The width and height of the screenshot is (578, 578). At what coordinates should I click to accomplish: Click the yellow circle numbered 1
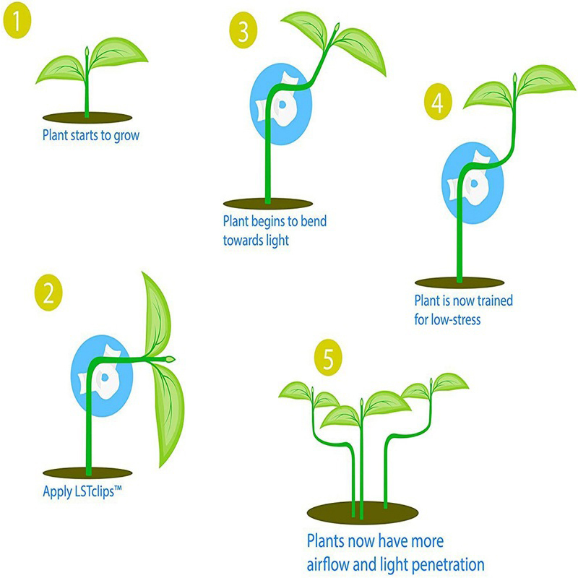coord(17,21)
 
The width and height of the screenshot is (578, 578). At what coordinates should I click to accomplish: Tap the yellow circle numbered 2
coord(48,293)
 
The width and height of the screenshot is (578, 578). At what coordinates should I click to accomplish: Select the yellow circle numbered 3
coord(243,30)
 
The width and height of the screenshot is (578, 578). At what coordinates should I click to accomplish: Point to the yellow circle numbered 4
coord(438,102)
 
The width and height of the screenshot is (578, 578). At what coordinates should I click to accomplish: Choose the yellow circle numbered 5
coord(328,357)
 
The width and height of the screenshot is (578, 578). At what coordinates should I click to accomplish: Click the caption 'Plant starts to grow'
coord(91,135)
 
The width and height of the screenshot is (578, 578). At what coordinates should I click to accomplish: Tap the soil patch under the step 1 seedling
coord(87,118)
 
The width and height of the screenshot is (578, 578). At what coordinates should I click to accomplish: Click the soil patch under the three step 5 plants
coord(363,513)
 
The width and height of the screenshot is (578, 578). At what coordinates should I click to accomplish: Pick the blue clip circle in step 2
coord(101,376)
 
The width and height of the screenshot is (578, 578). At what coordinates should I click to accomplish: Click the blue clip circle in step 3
coord(281,104)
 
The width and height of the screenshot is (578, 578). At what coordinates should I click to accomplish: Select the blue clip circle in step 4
coord(473,184)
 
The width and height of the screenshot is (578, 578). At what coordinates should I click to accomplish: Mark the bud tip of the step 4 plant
coord(514,78)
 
